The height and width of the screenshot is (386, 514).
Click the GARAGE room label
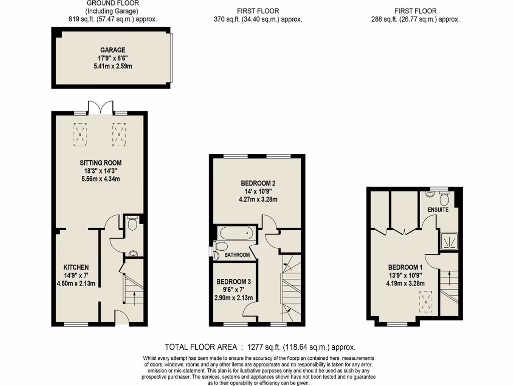(112, 50)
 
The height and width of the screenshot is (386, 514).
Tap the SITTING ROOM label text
(100, 163)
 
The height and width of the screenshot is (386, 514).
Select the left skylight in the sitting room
(80, 135)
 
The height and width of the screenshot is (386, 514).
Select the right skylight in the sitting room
(118, 135)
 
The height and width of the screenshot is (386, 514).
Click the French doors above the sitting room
(99, 107)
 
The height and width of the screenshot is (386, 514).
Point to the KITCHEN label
(76, 267)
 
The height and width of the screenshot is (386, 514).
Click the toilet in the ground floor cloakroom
(133, 223)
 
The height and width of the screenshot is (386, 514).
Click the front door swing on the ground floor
(120, 317)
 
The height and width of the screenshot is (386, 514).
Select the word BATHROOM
(237, 255)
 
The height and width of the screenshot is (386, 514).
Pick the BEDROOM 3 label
(234, 282)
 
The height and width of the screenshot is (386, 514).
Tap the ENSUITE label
(438, 210)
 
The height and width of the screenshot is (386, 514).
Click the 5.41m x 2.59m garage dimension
(112, 66)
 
